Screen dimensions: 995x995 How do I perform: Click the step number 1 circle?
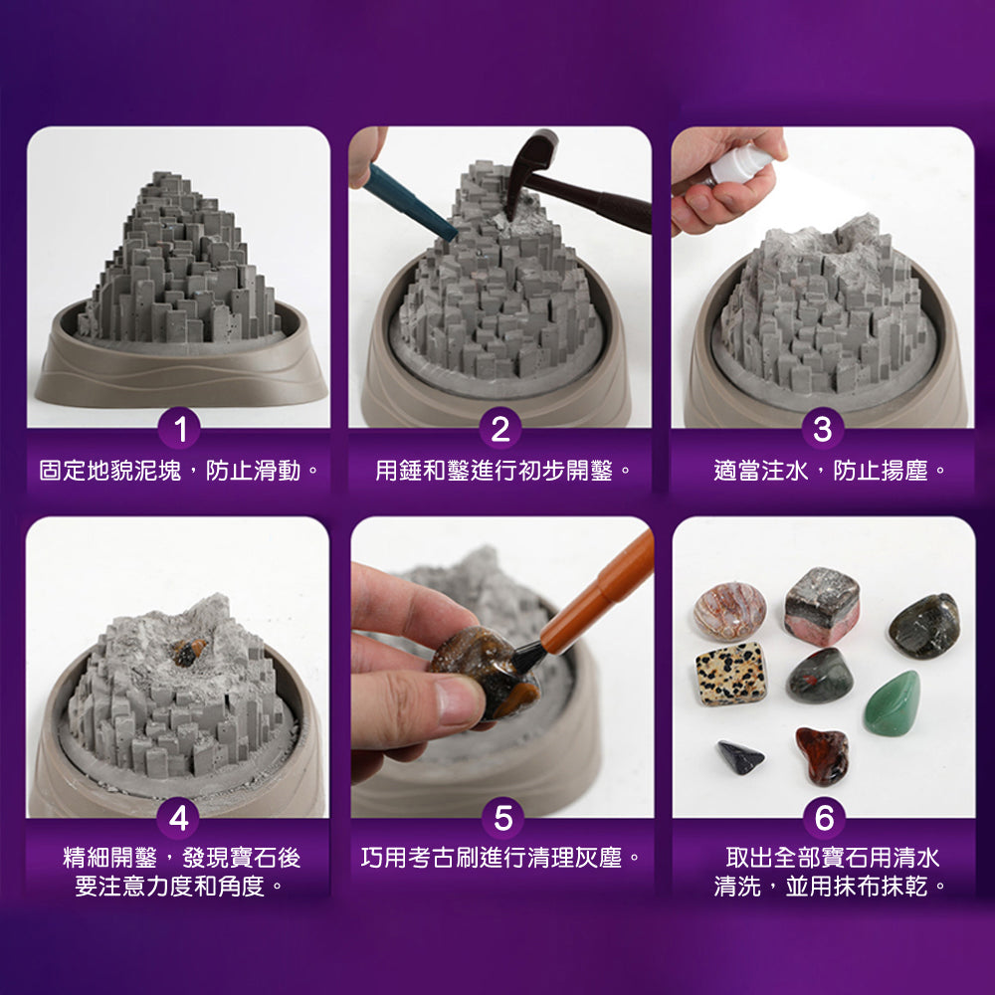[179, 430]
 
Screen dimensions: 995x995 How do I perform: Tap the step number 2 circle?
[499, 430]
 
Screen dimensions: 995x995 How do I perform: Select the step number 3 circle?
[822, 430]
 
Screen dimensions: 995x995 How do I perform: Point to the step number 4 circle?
[179, 818]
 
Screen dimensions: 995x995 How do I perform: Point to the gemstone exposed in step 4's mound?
[186, 652]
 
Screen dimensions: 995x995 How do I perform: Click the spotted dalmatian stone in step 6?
[730, 674]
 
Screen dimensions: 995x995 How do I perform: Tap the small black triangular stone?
[741, 757]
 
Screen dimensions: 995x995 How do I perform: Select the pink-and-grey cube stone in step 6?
[822, 606]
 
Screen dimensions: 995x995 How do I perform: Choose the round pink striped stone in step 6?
[729, 610]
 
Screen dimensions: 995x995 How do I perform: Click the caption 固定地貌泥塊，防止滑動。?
[179, 470]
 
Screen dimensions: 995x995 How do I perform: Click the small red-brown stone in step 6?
[822, 755]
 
